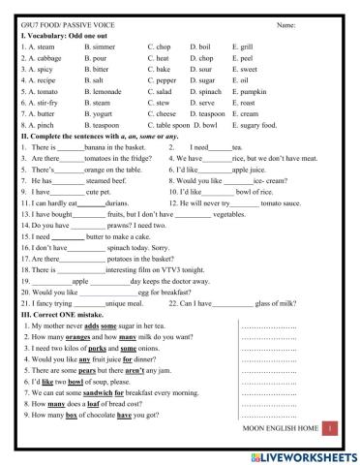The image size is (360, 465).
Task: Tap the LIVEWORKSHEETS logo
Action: pyautogui.click(x=307, y=453)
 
